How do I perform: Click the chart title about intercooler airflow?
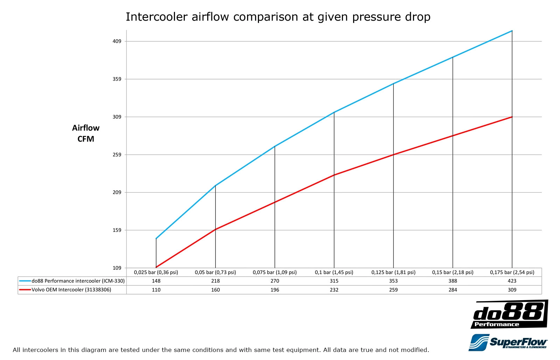tap(278, 17)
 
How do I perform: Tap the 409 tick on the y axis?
tap(117, 41)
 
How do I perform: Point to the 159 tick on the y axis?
tap(117, 230)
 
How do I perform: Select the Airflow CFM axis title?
tap(86, 133)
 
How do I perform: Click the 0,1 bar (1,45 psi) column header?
tap(334, 272)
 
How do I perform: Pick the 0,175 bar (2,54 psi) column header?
tap(512, 272)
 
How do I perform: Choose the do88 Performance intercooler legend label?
tap(78, 281)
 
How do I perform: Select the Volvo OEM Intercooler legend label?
tap(71, 290)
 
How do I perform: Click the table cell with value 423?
tap(512, 281)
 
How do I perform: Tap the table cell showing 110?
tap(156, 290)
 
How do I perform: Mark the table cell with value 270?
tap(275, 281)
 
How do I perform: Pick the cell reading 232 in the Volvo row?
tap(334, 290)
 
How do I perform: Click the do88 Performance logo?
tap(509, 314)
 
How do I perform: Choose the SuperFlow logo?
tap(508, 342)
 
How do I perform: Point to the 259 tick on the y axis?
tap(117, 154)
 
